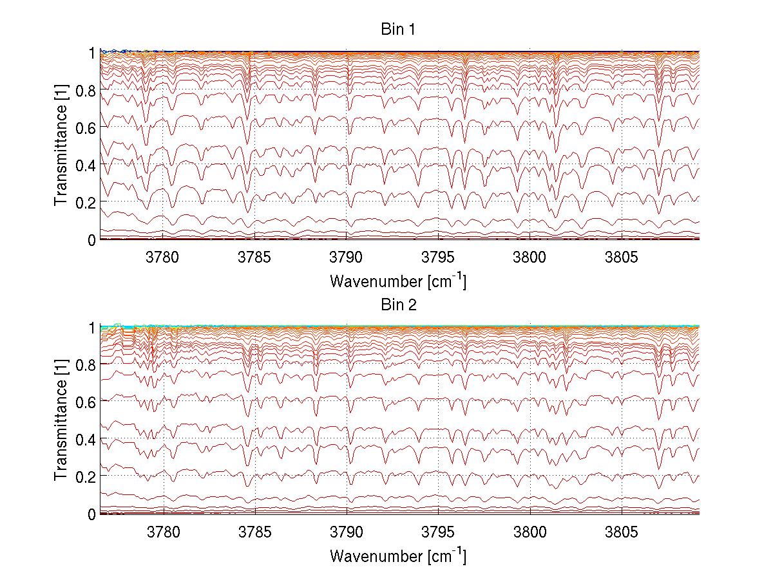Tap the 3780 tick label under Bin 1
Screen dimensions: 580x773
(x=164, y=256)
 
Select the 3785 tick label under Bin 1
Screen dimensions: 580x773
(x=255, y=256)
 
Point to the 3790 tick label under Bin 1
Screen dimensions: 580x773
(x=347, y=256)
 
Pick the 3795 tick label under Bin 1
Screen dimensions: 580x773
(x=438, y=256)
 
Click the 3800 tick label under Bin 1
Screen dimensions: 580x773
(x=530, y=256)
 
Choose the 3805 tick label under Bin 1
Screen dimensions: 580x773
(x=621, y=256)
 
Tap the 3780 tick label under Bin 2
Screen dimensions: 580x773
(x=164, y=531)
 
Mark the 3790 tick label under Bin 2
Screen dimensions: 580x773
(x=347, y=531)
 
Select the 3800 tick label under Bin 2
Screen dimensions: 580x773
(x=530, y=531)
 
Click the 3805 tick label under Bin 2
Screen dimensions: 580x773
(x=621, y=531)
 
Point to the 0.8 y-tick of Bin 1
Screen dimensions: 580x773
(x=87, y=91)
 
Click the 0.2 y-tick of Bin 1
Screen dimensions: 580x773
(x=87, y=202)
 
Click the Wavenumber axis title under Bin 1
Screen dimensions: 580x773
(x=398, y=281)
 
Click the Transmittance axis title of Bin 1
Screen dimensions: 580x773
(x=61, y=146)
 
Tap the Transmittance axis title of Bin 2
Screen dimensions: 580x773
(x=61, y=420)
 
